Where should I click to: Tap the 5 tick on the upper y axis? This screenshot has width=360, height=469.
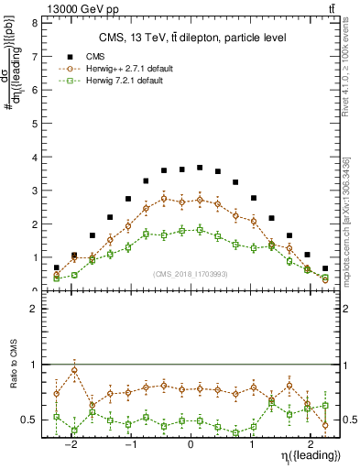coord(34,124)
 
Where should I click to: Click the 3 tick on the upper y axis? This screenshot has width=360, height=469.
coord(34,191)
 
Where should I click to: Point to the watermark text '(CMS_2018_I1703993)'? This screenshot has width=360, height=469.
coord(191,274)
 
